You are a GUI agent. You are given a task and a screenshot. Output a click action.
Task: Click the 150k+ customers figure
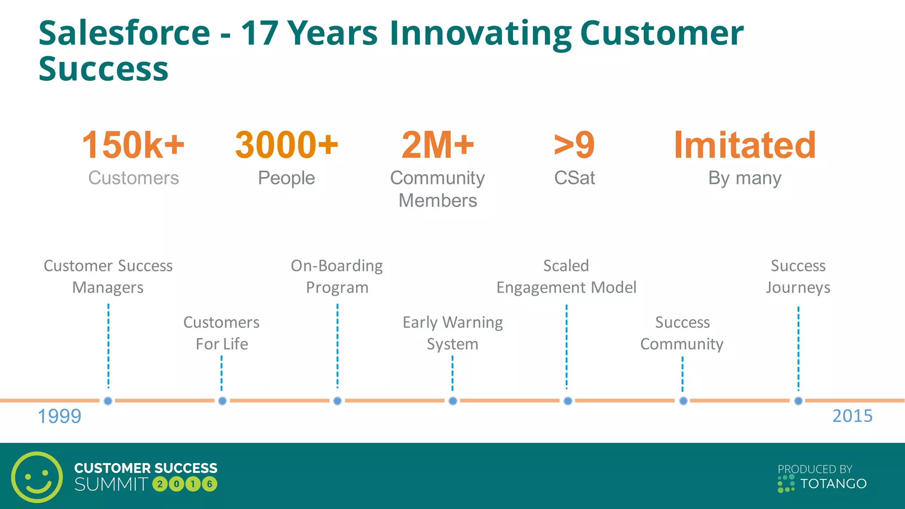[133, 145]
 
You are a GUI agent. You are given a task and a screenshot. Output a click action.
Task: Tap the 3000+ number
[286, 145]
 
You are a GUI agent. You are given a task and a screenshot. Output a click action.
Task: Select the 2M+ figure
[437, 145]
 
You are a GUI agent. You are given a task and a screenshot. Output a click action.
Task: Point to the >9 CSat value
[574, 145]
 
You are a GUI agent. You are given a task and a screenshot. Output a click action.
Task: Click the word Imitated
[745, 145]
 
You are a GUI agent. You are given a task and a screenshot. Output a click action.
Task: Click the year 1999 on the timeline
[59, 416]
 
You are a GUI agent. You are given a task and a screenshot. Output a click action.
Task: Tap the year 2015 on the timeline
[852, 416]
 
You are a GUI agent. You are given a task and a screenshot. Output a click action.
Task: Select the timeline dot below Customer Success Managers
[108, 401]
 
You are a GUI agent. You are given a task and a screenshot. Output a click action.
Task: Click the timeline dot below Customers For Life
[222, 401]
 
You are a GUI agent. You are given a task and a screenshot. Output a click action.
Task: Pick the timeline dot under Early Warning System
[452, 401]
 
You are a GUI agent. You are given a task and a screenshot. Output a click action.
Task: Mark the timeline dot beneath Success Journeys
[798, 401]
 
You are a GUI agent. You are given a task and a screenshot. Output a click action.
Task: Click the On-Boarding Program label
[337, 277]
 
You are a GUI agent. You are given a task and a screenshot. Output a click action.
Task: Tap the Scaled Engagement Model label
[566, 277]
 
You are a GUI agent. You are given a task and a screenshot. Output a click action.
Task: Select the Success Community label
[682, 333]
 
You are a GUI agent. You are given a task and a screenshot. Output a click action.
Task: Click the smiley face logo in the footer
[37, 477]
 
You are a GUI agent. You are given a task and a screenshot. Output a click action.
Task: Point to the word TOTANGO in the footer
[833, 484]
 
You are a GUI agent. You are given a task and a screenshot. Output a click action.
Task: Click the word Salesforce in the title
[124, 34]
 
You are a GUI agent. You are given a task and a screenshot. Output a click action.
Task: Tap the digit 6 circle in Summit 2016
[209, 484]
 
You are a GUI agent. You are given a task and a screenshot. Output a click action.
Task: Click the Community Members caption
[437, 189]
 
